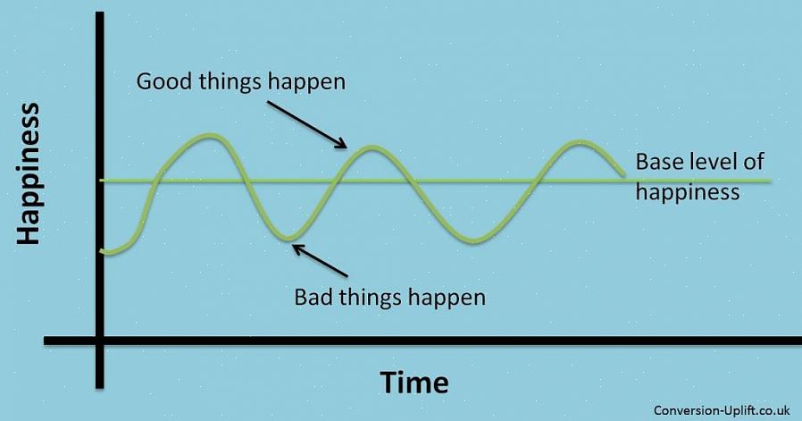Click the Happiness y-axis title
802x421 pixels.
(x=28, y=174)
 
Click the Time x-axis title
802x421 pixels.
(x=414, y=383)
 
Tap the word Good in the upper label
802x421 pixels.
(x=164, y=81)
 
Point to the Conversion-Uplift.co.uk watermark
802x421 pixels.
(x=723, y=409)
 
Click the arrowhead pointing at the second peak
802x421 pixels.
(x=341, y=144)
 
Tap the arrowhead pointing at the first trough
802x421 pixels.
(x=298, y=249)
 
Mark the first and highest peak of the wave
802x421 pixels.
(x=210, y=136)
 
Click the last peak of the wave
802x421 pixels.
(x=578, y=142)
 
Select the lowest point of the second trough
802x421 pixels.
(x=473, y=240)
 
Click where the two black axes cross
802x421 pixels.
(x=100, y=341)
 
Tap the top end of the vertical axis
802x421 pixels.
(x=100, y=13)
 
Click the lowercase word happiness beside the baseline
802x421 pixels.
(x=688, y=192)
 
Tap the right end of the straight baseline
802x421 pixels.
(x=770, y=181)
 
